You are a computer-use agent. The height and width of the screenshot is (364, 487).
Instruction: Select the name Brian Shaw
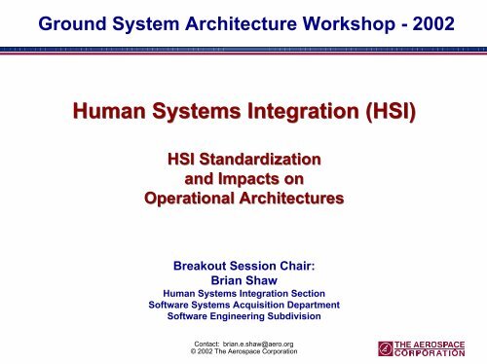(243, 279)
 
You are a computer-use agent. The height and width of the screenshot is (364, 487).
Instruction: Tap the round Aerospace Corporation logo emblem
(387, 348)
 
